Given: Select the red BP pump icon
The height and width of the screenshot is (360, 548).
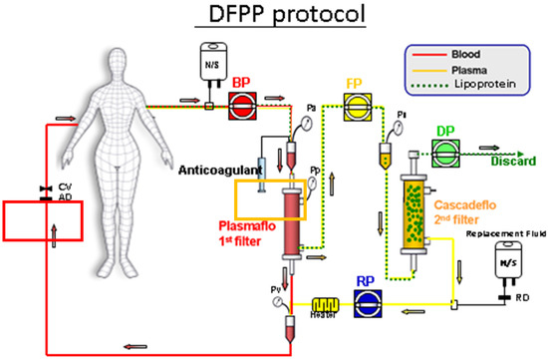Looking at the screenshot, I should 241,103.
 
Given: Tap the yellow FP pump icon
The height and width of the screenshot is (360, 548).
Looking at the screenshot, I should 356,103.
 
